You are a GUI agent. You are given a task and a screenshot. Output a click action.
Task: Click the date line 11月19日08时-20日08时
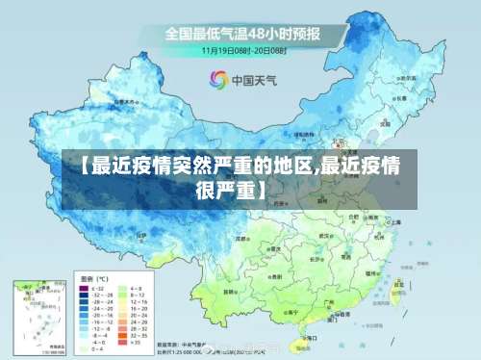pos(244,49)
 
